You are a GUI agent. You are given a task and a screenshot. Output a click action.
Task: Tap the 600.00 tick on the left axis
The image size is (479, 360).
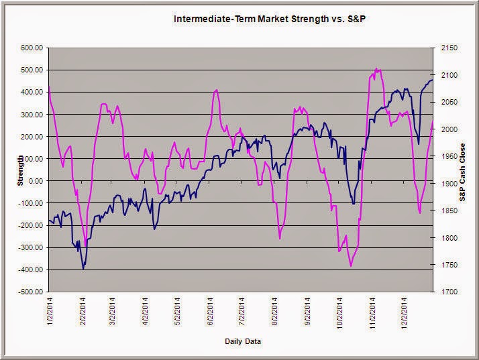click(x=32, y=48)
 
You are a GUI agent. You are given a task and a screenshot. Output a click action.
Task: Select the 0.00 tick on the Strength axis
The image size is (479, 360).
click(x=36, y=181)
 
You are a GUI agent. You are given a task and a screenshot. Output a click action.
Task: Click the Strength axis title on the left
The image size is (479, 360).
click(x=21, y=170)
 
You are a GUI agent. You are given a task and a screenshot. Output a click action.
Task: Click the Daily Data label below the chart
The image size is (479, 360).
click(x=243, y=342)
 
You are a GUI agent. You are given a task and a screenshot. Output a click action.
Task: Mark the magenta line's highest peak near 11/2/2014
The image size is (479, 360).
click(x=376, y=68)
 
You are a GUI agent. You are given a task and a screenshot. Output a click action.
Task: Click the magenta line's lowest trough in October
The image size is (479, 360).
click(x=351, y=266)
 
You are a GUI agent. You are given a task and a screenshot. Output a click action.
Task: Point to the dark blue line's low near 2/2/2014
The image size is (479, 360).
click(x=83, y=269)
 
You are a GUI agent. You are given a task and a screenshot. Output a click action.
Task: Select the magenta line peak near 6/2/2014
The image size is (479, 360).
click(x=216, y=90)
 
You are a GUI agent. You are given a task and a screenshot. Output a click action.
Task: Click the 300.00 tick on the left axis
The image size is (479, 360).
click(x=32, y=114)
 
